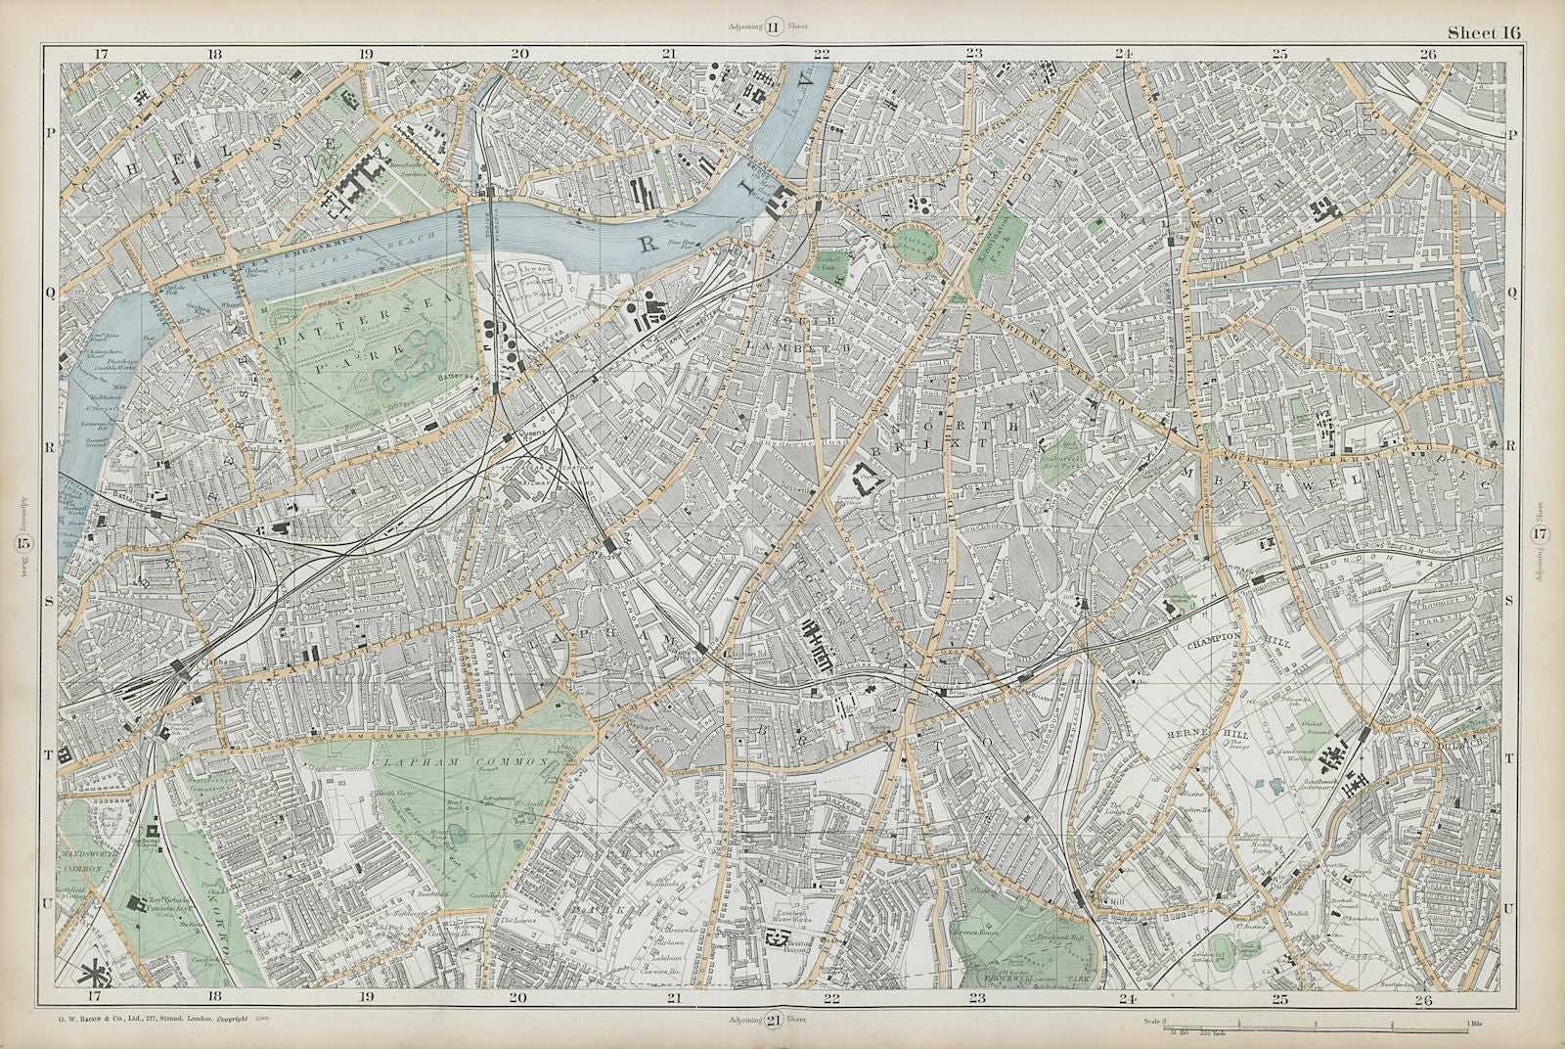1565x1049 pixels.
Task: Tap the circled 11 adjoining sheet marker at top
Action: (772, 27)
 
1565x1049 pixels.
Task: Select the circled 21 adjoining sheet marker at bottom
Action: (772, 1021)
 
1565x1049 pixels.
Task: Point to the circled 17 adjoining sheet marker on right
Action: (1540, 534)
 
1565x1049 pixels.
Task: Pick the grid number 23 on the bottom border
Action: (974, 999)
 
